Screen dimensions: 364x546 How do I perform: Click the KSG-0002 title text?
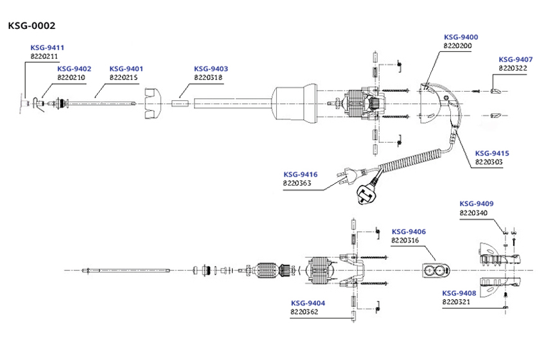[31, 26]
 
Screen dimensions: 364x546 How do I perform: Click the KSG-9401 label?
[126, 69]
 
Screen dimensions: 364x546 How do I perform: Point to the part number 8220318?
[208, 77]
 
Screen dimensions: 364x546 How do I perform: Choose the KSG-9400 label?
[461, 37]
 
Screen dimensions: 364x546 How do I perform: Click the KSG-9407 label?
[516, 59]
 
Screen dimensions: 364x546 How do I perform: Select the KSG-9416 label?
[300, 174]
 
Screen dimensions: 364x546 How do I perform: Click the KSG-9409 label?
[477, 204]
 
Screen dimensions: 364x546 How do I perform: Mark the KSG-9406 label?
[409, 231]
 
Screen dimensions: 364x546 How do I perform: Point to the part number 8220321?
[457, 301]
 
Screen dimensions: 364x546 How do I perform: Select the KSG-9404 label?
[308, 303]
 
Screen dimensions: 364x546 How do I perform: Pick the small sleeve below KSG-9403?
[179, 101]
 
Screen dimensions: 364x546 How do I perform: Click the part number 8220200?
[457, 46]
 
